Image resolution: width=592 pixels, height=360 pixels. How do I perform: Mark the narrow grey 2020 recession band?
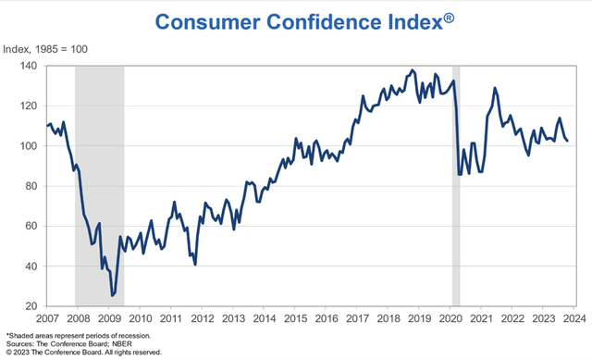coord(456,185)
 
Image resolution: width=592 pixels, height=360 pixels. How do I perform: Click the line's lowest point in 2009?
coord(113,295)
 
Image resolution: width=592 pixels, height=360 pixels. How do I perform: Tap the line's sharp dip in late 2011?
coord(195,264)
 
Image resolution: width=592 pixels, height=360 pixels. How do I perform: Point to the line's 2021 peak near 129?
coord(495,89)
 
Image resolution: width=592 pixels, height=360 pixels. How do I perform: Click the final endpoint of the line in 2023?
coord(568,141)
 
